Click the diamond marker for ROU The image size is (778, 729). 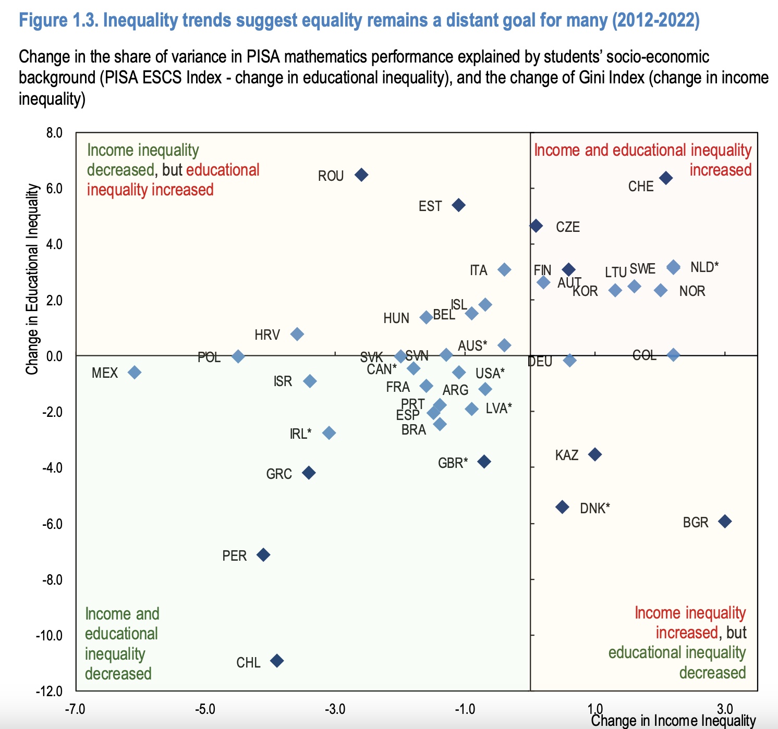361,175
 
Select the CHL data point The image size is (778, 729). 277,661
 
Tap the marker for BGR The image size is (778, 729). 725,521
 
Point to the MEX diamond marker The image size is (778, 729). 135,372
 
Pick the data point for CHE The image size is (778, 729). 666,178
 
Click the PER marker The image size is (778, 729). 264,554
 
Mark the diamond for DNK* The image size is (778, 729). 562,507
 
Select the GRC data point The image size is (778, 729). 309,473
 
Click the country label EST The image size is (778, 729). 430,206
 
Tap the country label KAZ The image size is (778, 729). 567,455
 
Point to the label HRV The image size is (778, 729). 268,335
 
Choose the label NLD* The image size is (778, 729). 704,267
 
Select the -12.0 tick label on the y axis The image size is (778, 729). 49,691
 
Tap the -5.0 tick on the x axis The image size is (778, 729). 205,709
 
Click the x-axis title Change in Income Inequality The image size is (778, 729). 673,721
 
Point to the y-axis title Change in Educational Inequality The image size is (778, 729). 33,279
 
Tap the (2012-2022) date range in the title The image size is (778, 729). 655,21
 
